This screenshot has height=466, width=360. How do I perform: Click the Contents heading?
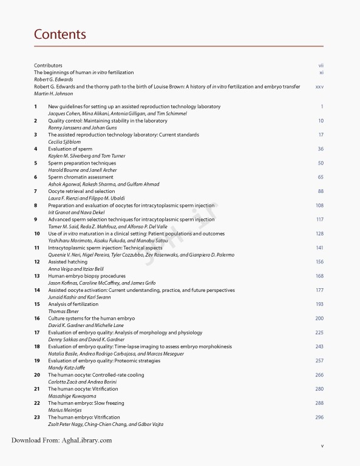[59, 34]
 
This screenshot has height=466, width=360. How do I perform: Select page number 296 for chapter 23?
[319, 417]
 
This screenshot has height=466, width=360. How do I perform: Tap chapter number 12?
[36, 262]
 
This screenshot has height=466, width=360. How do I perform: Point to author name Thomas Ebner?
[64, 311]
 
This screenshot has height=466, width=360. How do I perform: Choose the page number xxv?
[319, 87]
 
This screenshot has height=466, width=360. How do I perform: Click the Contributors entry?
[48, 65]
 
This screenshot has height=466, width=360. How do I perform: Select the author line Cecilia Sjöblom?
[64, 141]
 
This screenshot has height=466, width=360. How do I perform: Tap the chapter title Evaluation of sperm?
[70, 149]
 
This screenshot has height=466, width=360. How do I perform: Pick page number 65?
[320, 177]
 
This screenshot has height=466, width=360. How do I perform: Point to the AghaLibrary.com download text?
[61, 441]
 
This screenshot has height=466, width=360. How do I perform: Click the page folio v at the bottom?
[322, 446]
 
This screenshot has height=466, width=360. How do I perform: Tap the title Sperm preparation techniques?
[82, 163]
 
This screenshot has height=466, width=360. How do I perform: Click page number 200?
[319, 318]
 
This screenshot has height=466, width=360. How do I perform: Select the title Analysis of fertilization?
[73, 304]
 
